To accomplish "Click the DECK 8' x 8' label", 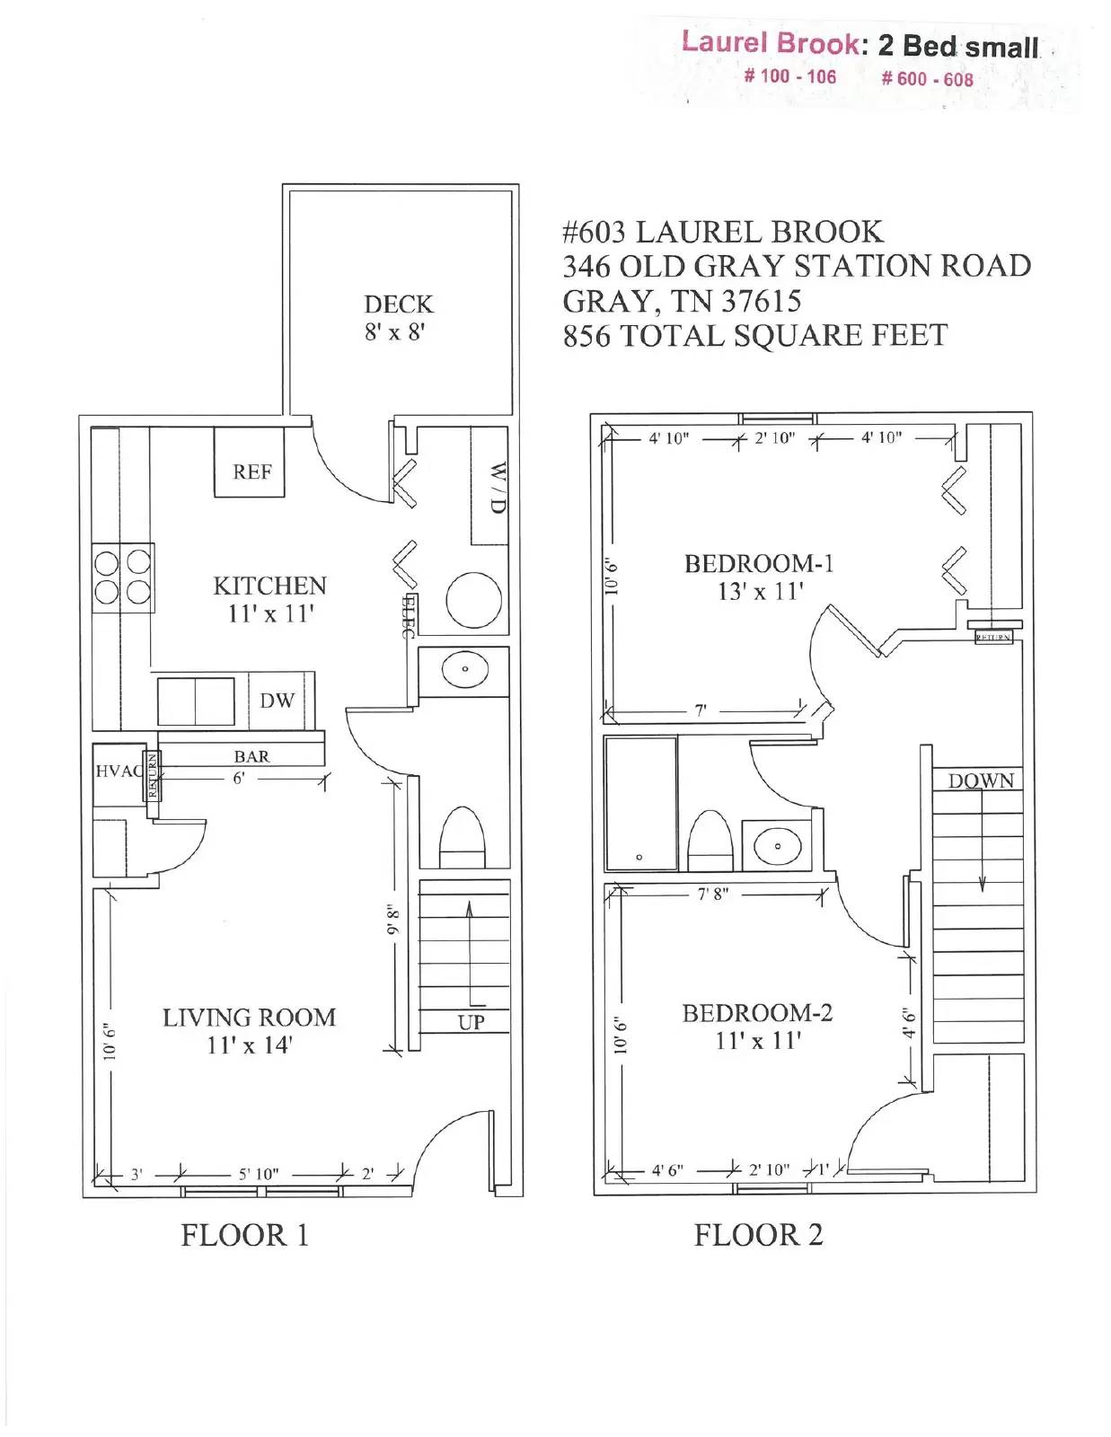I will pos(398,318).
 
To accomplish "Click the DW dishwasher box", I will pos(277,701).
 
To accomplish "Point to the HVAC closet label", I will pos(117,771).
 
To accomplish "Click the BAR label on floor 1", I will pos(251,756).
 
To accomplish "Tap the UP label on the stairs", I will pos(471,1022).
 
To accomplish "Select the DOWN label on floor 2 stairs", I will pos(980,781).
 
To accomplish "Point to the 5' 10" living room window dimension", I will pos(259,1174).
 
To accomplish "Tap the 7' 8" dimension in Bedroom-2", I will pos(713,895).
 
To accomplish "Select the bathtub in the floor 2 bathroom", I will pos(640,804).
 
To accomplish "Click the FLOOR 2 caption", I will pos(758,1235).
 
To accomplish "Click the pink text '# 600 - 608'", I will pos(926,79).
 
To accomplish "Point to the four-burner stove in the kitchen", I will pos(123,577).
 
